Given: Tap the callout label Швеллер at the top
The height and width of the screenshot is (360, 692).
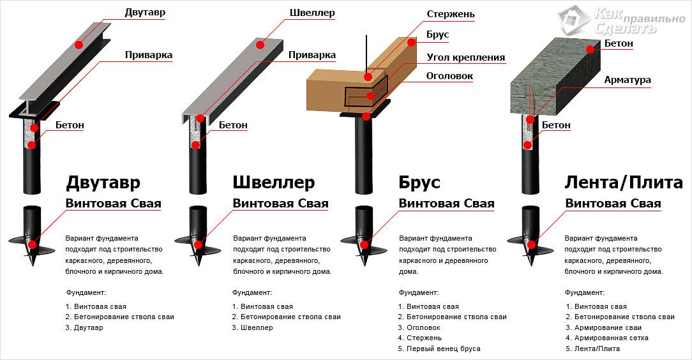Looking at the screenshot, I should click(x=312, y=13).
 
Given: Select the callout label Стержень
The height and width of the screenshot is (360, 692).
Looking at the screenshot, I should click(x=450, y=14).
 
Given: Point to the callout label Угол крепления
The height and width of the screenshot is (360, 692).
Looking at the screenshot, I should click(x=465, y=57).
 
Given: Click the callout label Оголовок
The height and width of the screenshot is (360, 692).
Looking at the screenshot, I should click(x=449, y=76).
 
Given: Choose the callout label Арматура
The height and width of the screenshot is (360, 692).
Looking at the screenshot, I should click(x=628, y=80).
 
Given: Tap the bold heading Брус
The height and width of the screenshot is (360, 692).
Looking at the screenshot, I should click(x=419, y=183).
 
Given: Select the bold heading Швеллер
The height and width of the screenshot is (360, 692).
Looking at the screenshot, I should click(x=273, y=183).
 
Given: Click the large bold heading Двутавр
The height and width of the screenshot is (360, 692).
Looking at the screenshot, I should click(x=102, y=183).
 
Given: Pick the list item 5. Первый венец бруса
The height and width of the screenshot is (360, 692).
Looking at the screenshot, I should click(x=439, y=349).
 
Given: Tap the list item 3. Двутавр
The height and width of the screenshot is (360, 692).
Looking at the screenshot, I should click(x=84, y=327).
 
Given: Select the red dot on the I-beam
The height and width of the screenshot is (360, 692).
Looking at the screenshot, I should click(x=79, y=45).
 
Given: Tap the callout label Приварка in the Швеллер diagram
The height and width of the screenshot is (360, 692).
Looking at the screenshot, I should click(x=312, y=55).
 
